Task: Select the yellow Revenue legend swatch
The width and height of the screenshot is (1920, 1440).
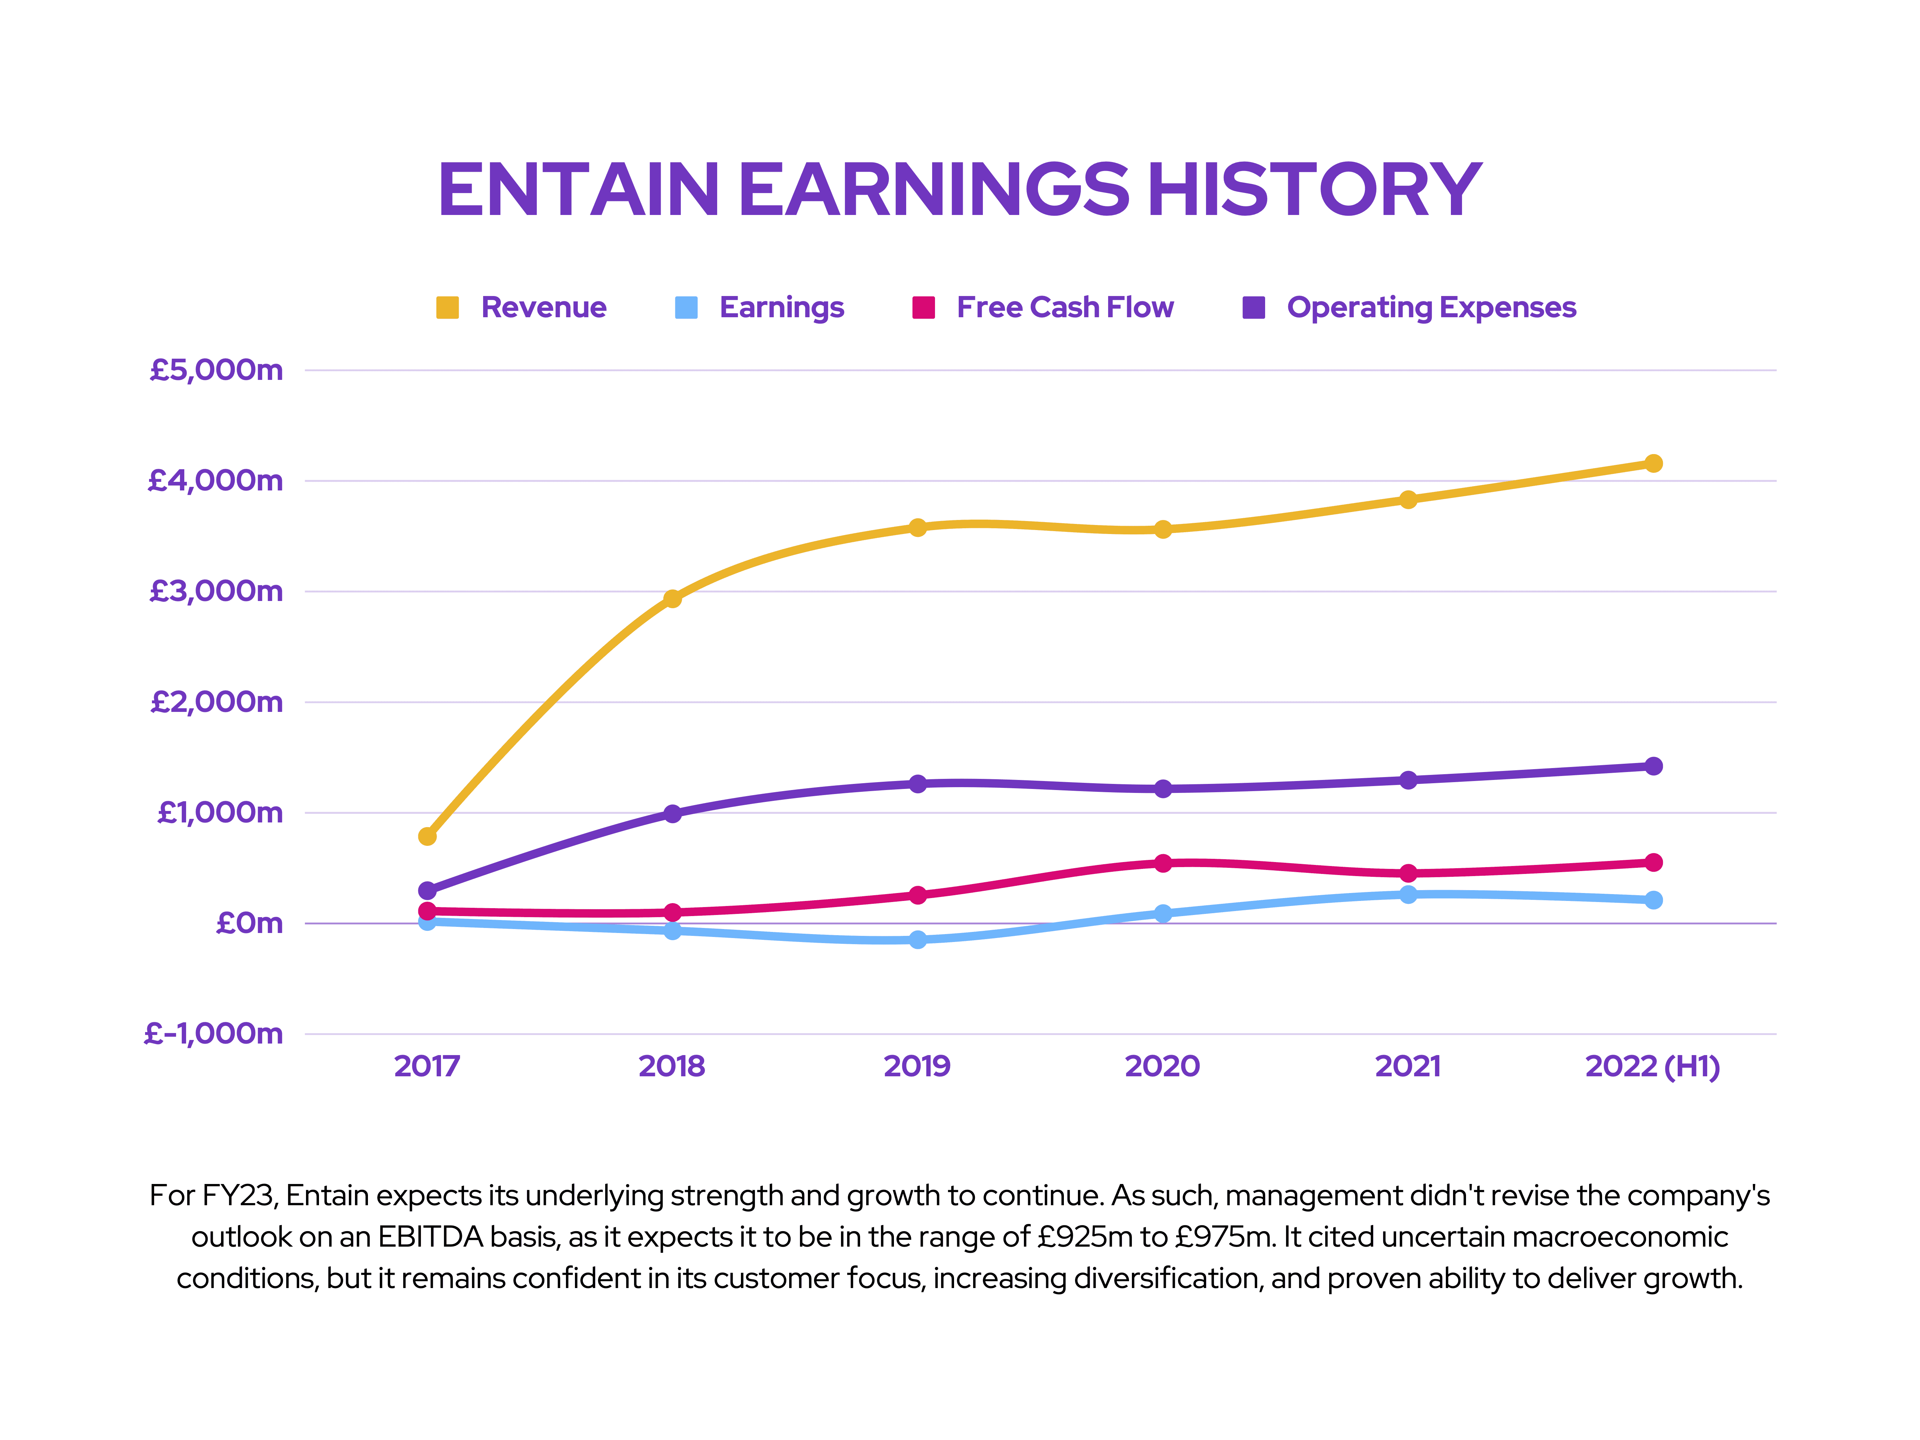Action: click(447, 307)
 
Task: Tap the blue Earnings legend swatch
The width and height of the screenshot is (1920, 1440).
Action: click(686, 307)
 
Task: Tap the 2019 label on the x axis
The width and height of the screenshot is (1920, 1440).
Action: click(917, 1066)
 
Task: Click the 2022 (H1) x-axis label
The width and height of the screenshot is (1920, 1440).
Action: click(1652, 1066)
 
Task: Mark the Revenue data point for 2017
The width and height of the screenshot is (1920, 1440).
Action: click(427, 836)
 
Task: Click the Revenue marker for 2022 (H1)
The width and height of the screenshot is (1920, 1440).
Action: click(1654, 463)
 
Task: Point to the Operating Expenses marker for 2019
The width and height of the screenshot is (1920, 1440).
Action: click(917, 784)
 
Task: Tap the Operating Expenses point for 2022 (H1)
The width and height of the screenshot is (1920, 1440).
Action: click(1654, 766)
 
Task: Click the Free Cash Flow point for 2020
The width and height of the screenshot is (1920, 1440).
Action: click(1163, 863)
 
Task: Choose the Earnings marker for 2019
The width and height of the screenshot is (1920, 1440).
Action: click(917, 939)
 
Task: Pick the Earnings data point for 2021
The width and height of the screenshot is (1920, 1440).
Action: click(1408, 894)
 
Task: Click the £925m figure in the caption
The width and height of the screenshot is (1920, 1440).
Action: click(1085, 1237)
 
